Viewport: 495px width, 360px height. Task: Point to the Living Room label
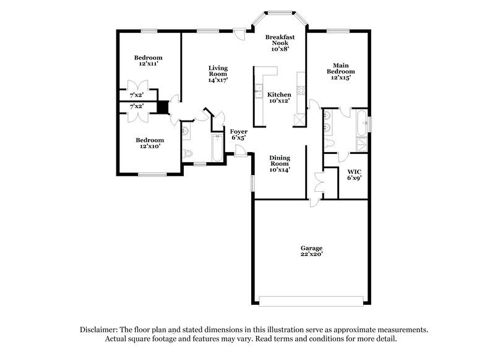pos(218,74)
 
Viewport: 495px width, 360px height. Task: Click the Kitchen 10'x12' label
pos(279,98)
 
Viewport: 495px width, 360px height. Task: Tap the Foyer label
pos(239,135)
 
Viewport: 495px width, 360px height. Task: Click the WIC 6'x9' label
pos(354,174)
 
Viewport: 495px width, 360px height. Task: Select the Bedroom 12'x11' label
pos(148,61)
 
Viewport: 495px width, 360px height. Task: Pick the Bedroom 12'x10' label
pos(150,144)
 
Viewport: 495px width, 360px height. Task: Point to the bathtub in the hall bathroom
pos(216,147)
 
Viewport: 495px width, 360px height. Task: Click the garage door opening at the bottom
pos(312,301)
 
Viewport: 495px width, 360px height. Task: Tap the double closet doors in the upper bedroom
pos(136,86)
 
